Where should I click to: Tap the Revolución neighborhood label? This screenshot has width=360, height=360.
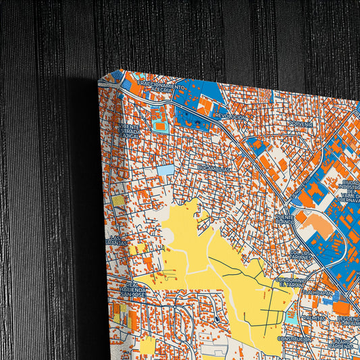tap(231, 116)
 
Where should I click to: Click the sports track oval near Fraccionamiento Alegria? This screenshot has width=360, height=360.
tap(160, 126)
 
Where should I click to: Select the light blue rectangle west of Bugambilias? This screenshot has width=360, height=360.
tap(165, 170)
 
